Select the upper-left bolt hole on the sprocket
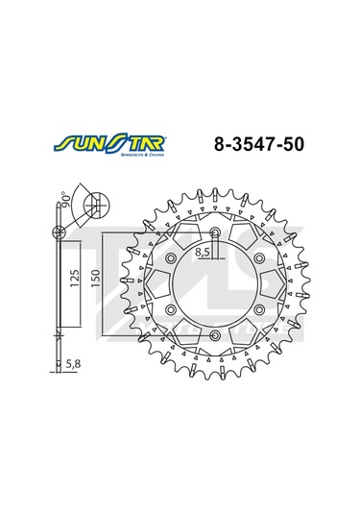click(169, 258)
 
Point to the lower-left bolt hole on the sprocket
click(169, 309)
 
